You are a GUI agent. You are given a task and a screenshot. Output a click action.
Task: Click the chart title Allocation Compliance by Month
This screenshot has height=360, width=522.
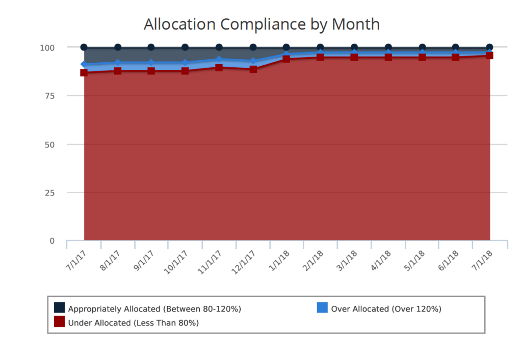pos(262,24)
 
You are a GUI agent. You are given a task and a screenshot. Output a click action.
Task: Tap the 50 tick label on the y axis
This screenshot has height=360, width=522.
pos(48,144)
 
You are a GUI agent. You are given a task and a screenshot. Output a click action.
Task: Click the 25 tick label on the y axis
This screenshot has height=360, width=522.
pos(48,193)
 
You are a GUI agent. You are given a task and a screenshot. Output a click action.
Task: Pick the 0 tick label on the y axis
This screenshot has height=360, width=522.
pos(51,241)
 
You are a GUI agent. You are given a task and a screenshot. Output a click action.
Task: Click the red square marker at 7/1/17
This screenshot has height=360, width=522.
pos(84,72)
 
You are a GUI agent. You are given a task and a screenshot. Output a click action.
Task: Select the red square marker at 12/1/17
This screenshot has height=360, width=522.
pos(253,69)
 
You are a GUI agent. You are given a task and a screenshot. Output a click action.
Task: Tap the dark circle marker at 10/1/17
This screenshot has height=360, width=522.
pos(185,47)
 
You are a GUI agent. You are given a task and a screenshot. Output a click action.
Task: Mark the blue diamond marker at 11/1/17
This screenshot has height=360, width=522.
pos(219,60)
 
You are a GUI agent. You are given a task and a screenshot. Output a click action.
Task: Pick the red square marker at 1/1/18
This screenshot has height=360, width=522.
pos(286,59)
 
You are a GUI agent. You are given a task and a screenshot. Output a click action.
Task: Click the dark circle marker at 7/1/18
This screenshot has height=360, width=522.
pos(489,47)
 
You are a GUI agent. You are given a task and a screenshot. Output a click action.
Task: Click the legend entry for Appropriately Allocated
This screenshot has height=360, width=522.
pos(148,308)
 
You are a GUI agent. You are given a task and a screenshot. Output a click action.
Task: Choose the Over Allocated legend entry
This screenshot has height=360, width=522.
pos(379,308)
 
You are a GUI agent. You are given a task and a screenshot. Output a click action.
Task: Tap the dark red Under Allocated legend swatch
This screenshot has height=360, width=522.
pos(60,321)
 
